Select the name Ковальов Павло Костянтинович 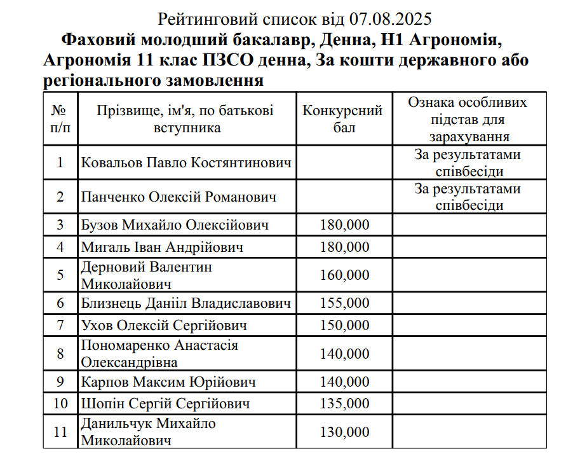pos(187,163)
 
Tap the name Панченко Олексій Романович pos(179,197)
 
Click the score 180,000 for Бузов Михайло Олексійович pos(344,225)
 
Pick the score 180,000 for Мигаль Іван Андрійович pos(344,247)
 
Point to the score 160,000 pos(344,275)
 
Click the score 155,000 pos(344,303)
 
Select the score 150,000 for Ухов pos(344,326)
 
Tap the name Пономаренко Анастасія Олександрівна pos(159,354)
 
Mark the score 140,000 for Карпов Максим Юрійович pos(344,382)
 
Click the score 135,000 pos(344,404)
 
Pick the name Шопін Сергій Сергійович pos(165,404)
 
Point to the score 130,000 pos(344,432)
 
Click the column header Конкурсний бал pos(343,119)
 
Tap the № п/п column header pos(60,119)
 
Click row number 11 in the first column pos(60,432)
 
